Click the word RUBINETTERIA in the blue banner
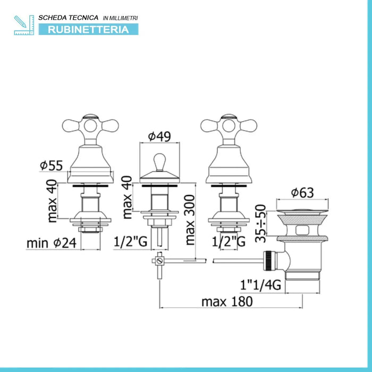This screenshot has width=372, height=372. (88, 30)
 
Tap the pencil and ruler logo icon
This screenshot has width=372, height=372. (24, 25)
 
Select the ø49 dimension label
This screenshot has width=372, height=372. (159, 137)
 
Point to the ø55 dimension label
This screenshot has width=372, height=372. (51, 165)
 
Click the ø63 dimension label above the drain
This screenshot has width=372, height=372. (302, 192)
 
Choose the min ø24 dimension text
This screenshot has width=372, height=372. (52, 243)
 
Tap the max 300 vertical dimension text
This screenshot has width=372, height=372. (190, 220)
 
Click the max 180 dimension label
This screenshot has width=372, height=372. (227, 302)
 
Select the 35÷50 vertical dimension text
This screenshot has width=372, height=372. (260, 223)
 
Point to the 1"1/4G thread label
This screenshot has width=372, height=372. (260, 285)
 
